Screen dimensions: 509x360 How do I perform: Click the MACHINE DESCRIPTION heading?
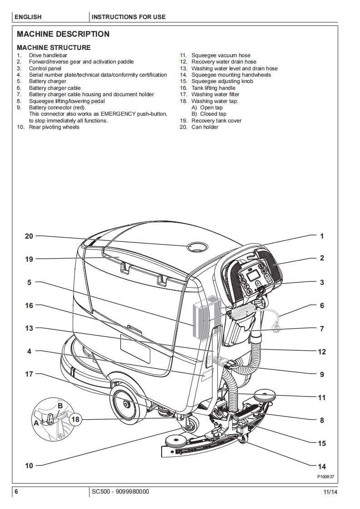coord(63,34)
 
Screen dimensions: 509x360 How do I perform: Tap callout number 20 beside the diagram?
coord(29,236)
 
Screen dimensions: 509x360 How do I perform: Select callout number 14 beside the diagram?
coord(322,466)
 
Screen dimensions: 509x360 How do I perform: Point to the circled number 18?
coord(75,419)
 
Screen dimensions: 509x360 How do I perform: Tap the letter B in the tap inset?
coord(60,405)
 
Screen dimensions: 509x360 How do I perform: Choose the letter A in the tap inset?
coord(36,422)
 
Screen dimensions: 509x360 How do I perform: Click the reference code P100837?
coord(325,477)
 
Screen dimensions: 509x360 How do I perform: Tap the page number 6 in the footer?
coord(16,492)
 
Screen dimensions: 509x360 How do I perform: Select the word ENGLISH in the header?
coord(28,17)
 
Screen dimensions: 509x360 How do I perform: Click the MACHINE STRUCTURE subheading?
coord(54,48)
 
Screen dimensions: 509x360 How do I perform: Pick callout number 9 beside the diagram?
coord(322,375)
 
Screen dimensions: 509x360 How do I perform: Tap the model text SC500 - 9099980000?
coord(120,492)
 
